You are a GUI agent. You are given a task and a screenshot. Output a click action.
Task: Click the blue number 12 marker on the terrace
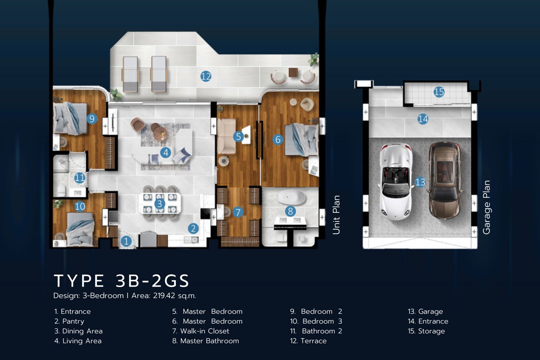coord(206,76)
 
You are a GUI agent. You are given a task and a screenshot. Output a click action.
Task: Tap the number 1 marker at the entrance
coord(126,241)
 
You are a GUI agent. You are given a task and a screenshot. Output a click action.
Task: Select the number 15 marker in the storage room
coord(439,92)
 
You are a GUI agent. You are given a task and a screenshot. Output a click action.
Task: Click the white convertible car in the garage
coord(395,181)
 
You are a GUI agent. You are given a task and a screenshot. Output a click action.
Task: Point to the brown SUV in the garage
coord(445,180)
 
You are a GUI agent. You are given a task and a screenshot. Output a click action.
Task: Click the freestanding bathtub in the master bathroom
coord(291,197)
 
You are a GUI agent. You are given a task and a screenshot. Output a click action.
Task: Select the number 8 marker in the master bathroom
coord(291,211)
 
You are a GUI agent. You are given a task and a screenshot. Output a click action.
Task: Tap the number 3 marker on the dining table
coord(159,204)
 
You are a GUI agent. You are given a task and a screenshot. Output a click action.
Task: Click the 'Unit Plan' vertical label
coord(336,215)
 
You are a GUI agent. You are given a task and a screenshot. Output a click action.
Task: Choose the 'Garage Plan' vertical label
coord(486,207)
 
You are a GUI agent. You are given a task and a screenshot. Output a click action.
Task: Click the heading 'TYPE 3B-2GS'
coord(121,280)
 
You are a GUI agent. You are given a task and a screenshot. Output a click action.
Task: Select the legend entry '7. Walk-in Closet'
coord(201,331)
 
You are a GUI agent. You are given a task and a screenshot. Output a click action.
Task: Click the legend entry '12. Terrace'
coord(308,341)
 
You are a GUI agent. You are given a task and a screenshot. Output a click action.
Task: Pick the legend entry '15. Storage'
coord(426,331)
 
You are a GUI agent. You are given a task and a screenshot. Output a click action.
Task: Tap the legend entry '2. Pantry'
coord(69,321)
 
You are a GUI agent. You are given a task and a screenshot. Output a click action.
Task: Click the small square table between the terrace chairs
coord(293,72)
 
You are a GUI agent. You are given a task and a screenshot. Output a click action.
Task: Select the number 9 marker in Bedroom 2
coord(92,118)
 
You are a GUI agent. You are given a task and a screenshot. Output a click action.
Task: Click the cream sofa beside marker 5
coord(226,136)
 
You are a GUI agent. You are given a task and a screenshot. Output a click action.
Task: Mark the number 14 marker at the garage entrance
coord(423,119)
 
